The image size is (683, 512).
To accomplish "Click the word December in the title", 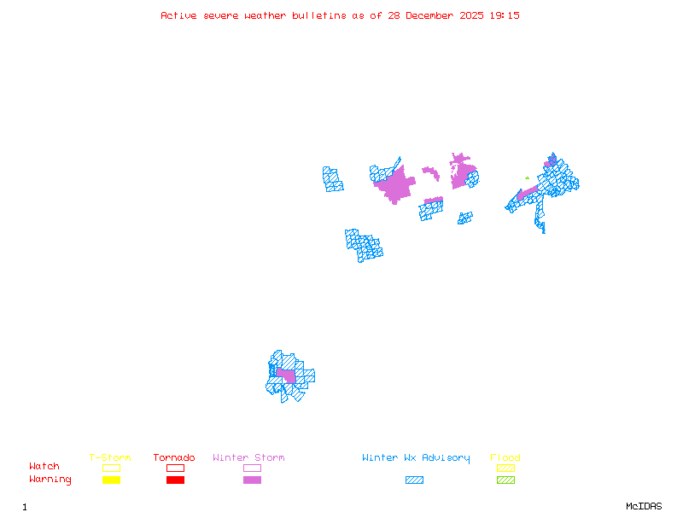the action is (x=430, y=15).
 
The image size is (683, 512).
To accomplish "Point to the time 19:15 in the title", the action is (x=505, y=15).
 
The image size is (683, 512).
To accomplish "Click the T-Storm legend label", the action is (x=110, y=457).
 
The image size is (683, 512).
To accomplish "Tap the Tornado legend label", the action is (x=174, y=457).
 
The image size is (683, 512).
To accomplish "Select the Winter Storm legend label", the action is (x=248, y=457).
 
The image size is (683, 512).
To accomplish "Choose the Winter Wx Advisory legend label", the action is (x=416, y=457).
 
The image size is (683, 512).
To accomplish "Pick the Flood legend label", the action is (x=505, y=457).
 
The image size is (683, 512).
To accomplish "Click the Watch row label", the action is (x=44, y=467).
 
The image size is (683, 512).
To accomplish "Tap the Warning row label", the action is (x=50, y=480).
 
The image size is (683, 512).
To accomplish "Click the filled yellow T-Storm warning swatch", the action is (x=111, y=480).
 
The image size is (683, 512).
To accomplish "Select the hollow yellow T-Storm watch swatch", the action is (x=111, y=468).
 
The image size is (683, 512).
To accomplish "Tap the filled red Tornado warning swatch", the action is (x=175, y=480).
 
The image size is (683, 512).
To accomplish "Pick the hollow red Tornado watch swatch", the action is (x=175, y=468).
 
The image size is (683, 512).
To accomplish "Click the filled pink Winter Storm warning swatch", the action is (x=252, y=480).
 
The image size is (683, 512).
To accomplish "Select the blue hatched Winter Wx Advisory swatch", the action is (x=414, y=480).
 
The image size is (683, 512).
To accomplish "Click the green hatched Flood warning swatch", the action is (x=505, y=480).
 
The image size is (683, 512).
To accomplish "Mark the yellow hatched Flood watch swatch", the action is (x=505, y=468).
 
